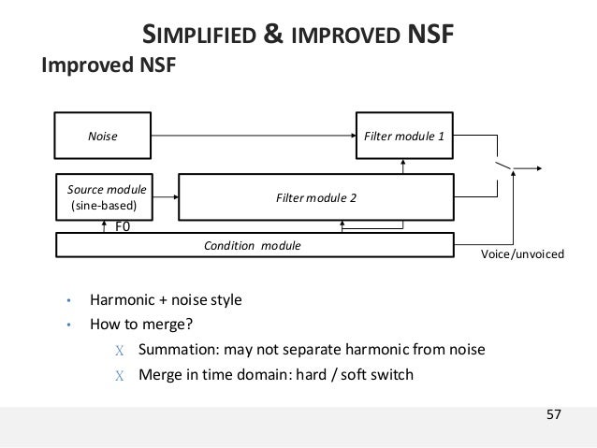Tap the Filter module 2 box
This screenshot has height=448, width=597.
(316, 197)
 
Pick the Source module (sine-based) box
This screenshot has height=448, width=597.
(103, 195)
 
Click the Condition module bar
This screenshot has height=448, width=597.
(253, 245)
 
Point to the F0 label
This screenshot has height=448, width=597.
(123, 225)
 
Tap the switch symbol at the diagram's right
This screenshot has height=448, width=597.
(505, 166)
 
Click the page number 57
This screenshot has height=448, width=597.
(554, 414)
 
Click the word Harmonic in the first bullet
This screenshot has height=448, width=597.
(119, 300)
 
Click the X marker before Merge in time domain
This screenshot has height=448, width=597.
(119, 376)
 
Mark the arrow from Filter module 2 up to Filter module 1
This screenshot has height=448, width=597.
(403, 165)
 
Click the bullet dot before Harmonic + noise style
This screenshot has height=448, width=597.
(67, 301)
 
